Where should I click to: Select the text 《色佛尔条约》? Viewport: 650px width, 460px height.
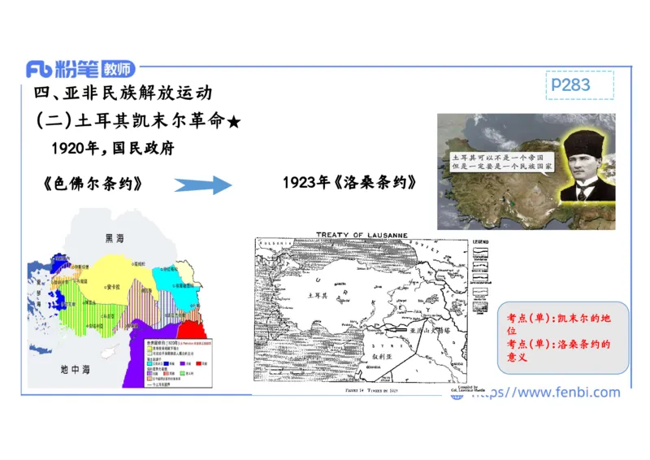(93, 184)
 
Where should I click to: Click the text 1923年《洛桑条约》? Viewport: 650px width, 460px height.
(350, 182)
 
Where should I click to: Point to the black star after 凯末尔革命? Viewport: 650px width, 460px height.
(234, 122)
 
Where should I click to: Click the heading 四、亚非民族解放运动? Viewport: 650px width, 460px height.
(123, 93)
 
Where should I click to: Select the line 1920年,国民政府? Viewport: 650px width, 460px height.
(112, 148)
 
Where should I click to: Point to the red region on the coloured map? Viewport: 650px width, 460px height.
(192, 332)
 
